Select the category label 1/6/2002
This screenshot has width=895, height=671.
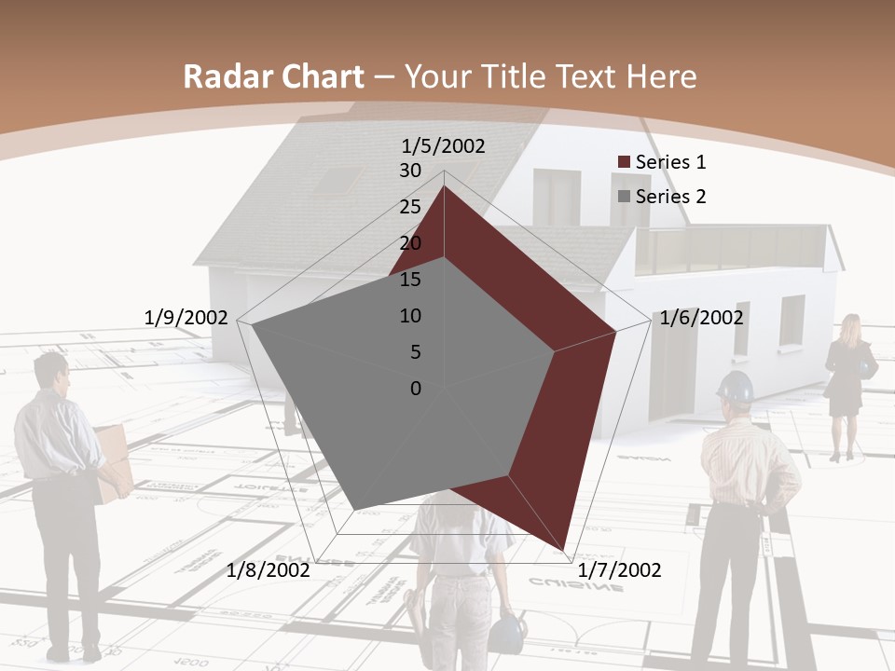[x=701, y=318]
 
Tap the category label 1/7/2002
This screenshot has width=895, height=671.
[x=619, y=569]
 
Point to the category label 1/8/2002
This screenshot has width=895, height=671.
[x=268, y=569]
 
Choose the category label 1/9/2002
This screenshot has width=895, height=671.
[x=186, y=318]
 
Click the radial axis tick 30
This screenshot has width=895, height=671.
[x=410, y=171]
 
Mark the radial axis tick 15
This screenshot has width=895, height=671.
[x=410, y=280]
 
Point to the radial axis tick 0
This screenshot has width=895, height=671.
[x=416, y=389]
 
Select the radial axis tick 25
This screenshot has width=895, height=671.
[x=410, y=207]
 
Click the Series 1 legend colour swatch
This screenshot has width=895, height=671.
[x=625, y=162]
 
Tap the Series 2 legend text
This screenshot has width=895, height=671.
[x=670, y=197]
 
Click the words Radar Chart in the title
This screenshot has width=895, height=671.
[x=273, y=77]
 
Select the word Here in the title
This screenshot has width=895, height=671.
[x=661, y=77]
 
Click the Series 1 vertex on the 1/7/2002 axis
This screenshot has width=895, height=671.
[x=565, y=549]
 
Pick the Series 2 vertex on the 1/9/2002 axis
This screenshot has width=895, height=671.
[x=252, y=326]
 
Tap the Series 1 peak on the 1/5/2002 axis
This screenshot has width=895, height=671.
[x=444, y=186]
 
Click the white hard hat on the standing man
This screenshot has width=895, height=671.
[x=736, y=387]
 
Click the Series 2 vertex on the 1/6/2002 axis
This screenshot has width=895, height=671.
[x=555, y=351]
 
